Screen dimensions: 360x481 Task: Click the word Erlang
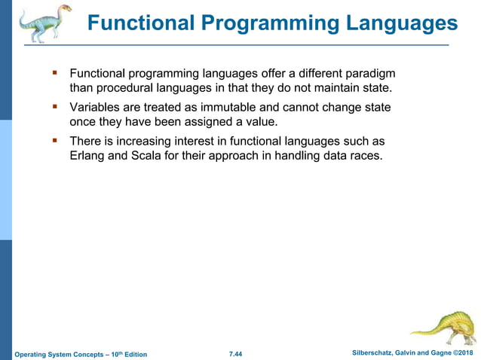[x=88, y=156]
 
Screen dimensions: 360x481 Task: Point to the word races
[x=365, y=156]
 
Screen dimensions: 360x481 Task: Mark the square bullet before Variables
[x=54, y=107]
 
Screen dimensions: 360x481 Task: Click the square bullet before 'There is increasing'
[x=54, y=141]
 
